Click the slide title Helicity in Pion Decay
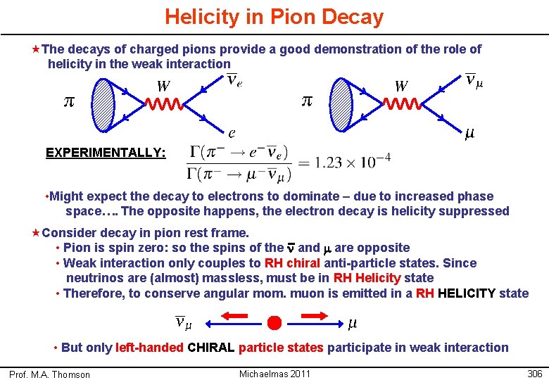pos(274,17)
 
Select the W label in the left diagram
pos(163,87)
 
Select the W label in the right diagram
pos(401,87)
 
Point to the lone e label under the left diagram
pos(231,132)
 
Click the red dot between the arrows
pos(274,323)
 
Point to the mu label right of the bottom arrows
pos(353,323)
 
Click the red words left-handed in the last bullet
pos(150,348)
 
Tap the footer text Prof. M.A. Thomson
pos(49,374)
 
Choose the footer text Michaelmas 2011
pos(274,374)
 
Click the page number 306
pos(534,374)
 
